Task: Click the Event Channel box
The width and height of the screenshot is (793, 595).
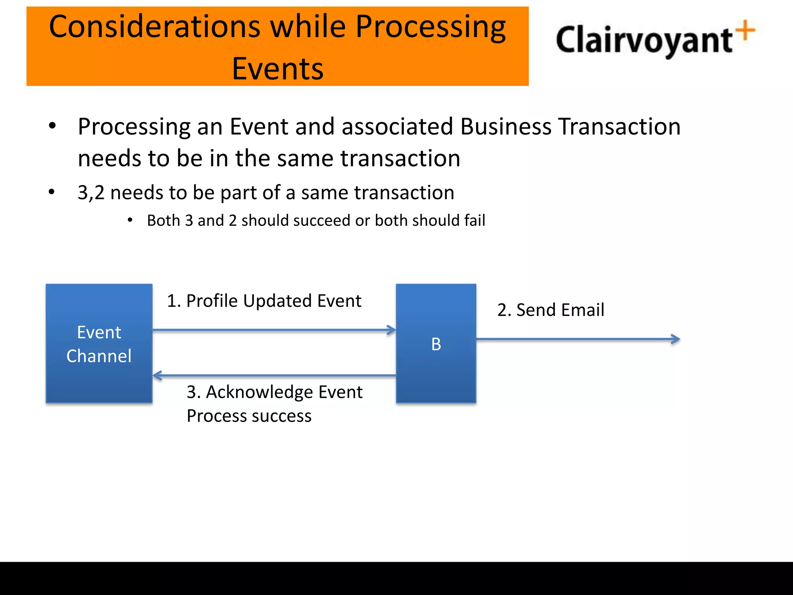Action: (99, 344)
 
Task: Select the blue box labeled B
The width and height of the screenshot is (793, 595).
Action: (436, 344)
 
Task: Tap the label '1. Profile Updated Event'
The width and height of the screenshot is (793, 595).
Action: (264, 301)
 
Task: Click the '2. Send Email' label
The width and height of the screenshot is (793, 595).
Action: (550, 310)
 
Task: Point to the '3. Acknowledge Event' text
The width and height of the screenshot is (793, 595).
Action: (274, 392)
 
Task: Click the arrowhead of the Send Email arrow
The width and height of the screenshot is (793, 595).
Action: (676, 339)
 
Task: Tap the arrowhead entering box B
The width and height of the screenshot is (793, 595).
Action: (391, 330)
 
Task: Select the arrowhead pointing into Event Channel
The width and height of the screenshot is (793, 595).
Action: (157, 375)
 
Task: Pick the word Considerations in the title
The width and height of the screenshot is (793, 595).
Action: (154, 27)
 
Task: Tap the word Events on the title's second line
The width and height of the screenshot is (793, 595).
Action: (278, 69)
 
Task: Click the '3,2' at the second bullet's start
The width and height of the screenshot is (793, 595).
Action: (91, 193)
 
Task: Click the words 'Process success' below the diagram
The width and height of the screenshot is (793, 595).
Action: (249, 416)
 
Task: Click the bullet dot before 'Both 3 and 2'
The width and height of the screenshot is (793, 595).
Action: (130, 220)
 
